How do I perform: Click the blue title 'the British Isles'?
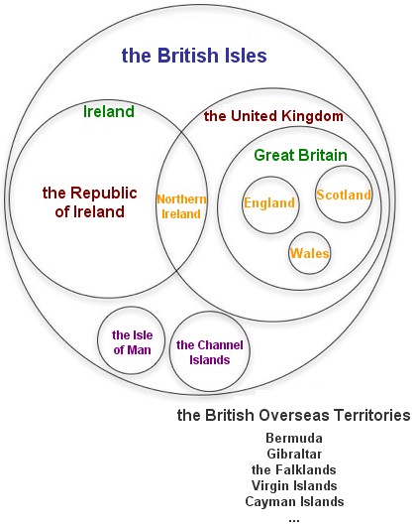(194, 56)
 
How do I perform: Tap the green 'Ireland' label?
(109, 111)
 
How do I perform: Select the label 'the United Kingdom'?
(273, 116)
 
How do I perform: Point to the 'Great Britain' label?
(300, 155)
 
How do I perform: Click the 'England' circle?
(270, 177)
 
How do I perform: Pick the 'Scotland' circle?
(344, 166)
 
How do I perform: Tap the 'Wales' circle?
(309, 232)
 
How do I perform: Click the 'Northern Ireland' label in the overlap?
(181, 206)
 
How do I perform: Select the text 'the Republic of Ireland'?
(90, 202)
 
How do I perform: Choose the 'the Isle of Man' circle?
(131, 308)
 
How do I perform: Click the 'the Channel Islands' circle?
(209, 313)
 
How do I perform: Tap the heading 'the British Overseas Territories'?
(293, 415)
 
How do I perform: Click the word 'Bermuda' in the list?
(294, 439)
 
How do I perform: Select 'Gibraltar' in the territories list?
(294, 455)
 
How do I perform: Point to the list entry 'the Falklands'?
(294, 469)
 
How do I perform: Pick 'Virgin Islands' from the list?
(294, 485)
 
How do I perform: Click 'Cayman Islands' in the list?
(294, 502)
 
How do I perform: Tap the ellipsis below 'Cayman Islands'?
(294, 521)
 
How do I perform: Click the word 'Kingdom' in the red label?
(312, 116)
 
